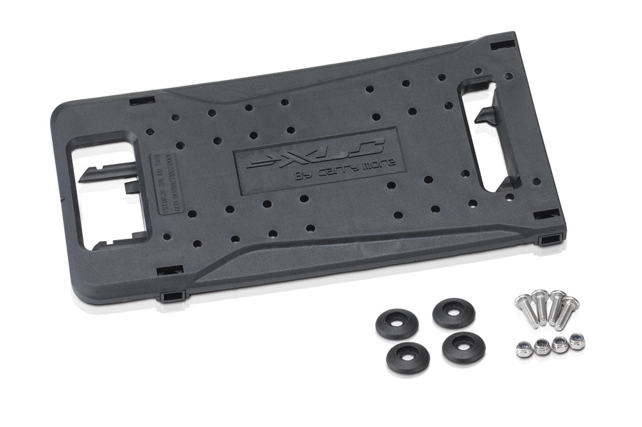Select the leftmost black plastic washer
point(397,325)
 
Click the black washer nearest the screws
point(454,312)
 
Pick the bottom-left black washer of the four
point(408,359)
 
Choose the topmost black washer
point(454,312)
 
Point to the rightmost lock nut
point(577,341)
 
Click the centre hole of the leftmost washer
point(397,325)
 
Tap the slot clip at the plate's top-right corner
point(503,46)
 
